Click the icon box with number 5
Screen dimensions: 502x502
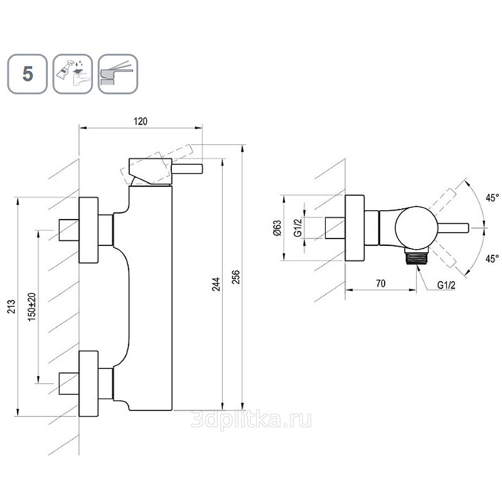[28, 74]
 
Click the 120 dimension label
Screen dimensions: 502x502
[141, 121]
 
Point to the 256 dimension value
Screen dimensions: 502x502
[235, 277]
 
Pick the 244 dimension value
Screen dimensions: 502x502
[216, 284]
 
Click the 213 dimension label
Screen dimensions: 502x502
[11, 306]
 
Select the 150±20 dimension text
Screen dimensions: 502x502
[32, 307]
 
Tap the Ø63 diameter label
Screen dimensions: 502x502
[277, 228]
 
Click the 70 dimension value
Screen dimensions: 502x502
[381, 284]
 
